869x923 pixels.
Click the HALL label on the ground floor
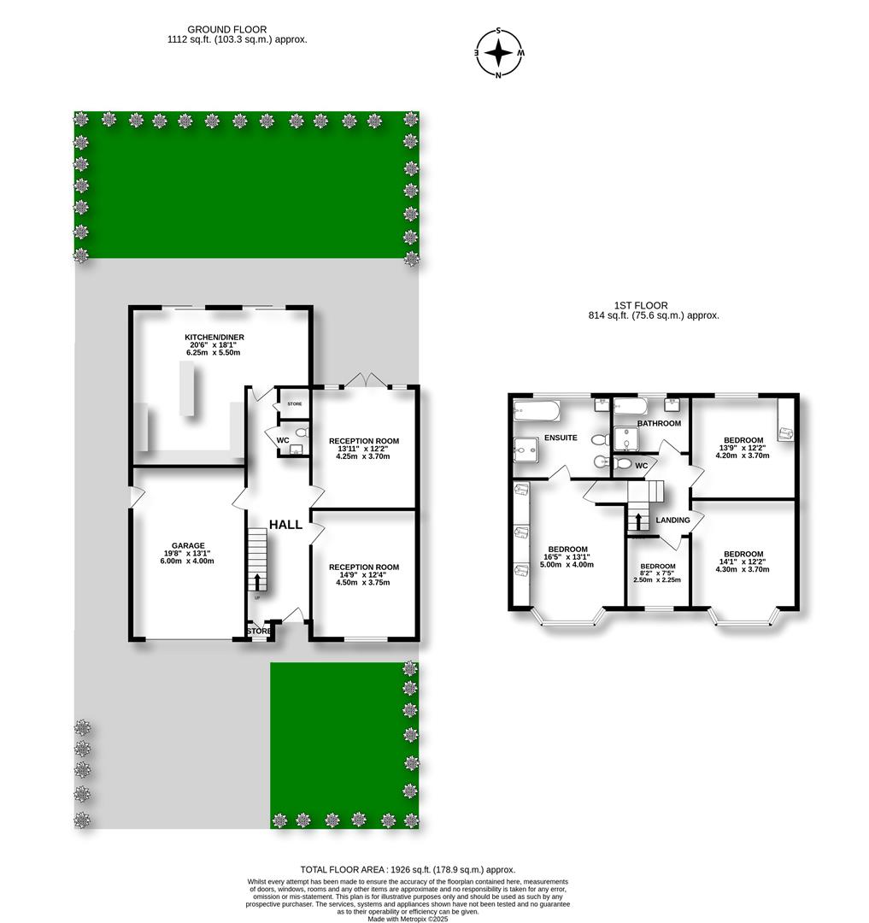(285, 524)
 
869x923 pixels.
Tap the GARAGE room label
(188, 545)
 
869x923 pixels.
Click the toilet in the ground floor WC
(300, 434)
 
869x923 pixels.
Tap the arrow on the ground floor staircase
(255, 581)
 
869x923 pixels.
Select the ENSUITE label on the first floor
(561, 438)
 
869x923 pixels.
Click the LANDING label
(672, 520)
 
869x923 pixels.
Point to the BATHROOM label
(658, 423)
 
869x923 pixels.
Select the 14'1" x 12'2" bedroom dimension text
(743, 564)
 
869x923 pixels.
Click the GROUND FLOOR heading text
(226, 29)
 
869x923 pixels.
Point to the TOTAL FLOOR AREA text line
(408, 869)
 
